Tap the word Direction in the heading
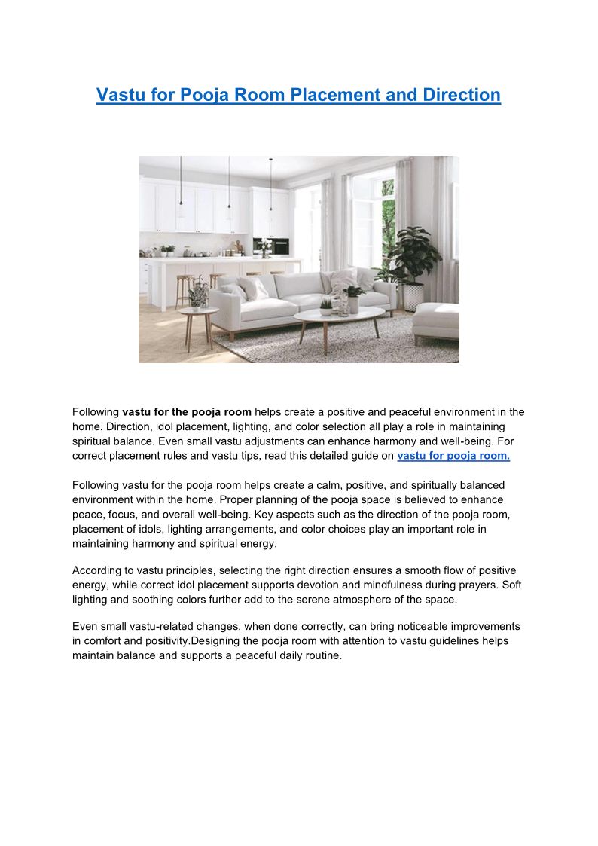click(456, 96)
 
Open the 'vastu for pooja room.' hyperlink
click(453, 456)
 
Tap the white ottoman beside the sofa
click(436, 319)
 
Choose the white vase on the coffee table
click(352, 303)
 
